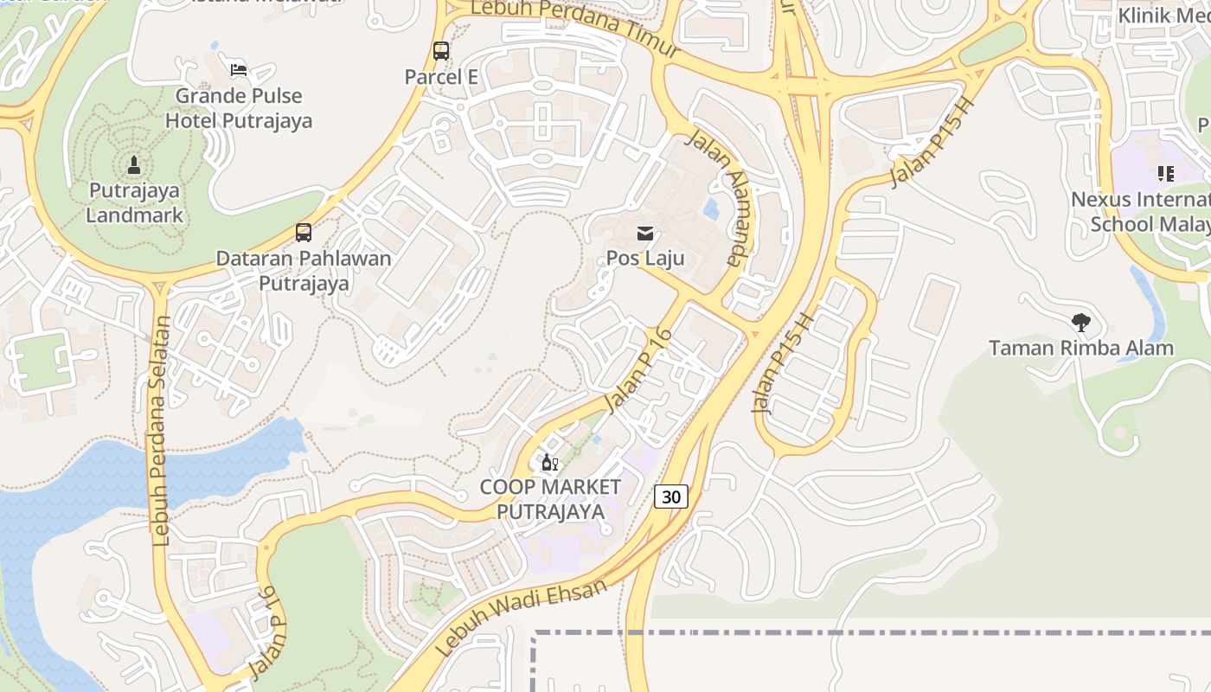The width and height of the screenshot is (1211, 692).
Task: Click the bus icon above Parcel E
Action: pos(441,51)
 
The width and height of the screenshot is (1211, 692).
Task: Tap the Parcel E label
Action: pos(441,77)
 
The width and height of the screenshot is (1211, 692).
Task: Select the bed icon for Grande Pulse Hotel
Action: pos(239,70)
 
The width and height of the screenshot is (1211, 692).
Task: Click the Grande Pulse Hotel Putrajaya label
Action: pos(239,108)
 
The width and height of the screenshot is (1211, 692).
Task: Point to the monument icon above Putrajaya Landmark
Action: pos(134,164)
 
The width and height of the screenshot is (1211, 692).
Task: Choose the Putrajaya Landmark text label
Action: pos(134,202)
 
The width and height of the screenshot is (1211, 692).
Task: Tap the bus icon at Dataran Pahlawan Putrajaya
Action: pos(303,233)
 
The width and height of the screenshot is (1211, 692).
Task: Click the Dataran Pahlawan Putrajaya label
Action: pos(303,271)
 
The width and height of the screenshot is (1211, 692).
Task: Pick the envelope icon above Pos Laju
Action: pos(645,233)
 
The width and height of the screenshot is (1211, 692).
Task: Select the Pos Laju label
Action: pos(645,258)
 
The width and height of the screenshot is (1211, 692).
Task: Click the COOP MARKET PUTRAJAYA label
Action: pos(550,499)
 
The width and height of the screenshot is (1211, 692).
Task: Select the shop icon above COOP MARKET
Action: pos(550,462)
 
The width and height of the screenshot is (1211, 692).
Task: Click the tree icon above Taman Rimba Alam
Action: pos(1080,323)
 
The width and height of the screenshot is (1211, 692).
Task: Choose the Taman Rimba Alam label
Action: pos(1080,349)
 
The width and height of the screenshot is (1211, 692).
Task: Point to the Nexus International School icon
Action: pos(1165,174)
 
